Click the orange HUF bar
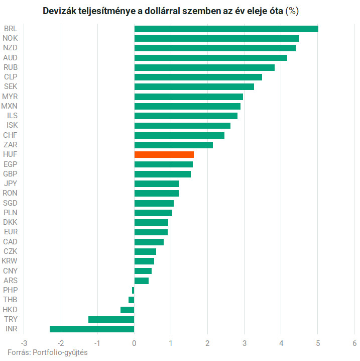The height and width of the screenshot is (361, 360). tap(164, 154)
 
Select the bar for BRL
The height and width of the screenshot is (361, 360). tap(226, 29)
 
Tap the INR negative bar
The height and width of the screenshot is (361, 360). tap(92, 329)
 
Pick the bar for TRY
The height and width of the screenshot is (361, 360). tap(111, 319)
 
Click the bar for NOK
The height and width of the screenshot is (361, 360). tap(216, 38)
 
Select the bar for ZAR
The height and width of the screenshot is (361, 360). tap(173, 145)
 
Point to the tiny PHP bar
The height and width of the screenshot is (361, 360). tap(133, 290)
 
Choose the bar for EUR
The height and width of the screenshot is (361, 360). tap(151, 232)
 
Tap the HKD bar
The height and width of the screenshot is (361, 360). tap(127, 310)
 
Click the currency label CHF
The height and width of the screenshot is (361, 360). tap(10, 135)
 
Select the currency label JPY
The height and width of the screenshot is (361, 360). tap(10, 184)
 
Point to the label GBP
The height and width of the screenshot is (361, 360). tap(10, 174)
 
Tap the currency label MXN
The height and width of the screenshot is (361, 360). tap(10, 106)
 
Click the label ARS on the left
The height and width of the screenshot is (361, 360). tap(10, 281)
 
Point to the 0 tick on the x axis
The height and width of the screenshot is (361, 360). tap(134, 343)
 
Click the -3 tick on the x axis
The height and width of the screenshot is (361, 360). tap(24, 343)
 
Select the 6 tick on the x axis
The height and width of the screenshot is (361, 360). tap(354, 343)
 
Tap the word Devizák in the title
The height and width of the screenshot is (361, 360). tap(59, 11)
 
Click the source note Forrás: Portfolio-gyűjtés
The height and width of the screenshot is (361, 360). tap(48, 352)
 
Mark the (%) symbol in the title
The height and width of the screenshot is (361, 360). tap(292, 11)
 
